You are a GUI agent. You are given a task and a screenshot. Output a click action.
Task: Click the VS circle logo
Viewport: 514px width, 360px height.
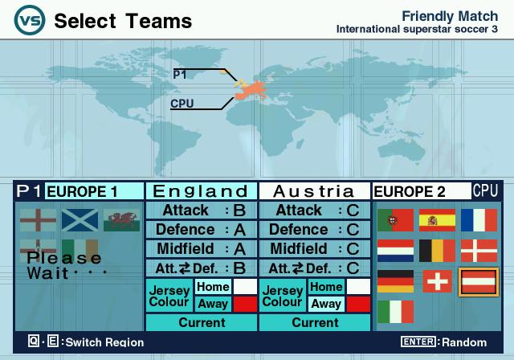point(30,20)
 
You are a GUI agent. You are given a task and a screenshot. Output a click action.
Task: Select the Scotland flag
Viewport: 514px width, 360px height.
point(80,220)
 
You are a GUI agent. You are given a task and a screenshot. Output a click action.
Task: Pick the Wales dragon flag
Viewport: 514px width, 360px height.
point(121,220)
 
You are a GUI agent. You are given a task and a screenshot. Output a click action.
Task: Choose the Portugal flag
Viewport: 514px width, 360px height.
point(395,220)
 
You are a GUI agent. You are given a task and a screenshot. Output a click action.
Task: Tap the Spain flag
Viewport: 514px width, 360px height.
point(437,220)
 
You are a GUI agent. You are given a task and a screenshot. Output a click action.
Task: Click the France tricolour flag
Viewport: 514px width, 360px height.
point(479,220)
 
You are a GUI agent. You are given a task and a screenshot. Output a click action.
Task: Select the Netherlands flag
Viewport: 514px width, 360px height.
point(395,251)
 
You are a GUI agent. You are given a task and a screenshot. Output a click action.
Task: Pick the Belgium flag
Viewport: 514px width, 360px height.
point(437,251)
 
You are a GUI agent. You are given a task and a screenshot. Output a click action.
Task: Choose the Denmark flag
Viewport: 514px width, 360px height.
point(479,251)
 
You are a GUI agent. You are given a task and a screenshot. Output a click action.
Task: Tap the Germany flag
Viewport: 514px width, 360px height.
point(395,281)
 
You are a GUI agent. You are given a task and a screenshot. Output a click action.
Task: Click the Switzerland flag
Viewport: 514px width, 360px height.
point(437,281)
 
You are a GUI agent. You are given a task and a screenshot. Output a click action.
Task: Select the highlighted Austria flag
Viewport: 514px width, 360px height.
point(479,282)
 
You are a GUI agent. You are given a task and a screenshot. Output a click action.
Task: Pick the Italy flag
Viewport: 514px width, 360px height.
point(395,312)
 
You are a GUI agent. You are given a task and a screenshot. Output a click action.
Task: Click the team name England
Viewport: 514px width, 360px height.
point(201,191)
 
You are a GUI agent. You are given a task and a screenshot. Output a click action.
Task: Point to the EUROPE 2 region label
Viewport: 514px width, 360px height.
point(410,192)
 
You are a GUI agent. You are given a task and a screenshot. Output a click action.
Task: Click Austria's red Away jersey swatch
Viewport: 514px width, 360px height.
point(359,304)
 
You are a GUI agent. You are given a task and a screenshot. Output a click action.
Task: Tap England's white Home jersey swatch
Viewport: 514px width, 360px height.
point(245,287)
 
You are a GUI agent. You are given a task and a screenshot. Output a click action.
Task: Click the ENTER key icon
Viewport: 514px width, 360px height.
point(418,342)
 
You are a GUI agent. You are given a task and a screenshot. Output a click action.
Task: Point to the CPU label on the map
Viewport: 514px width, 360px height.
point(182,104)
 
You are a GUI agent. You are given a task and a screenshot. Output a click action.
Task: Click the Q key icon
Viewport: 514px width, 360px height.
point(34,341)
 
